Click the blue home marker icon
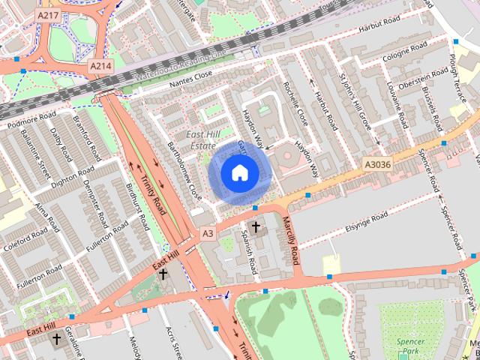[x=238, y=172]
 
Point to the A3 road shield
[x=208, y=234]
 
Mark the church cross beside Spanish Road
[x=256, y=226]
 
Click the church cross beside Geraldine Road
[x=56, y=340]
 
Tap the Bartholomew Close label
[x=184, y=170]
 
